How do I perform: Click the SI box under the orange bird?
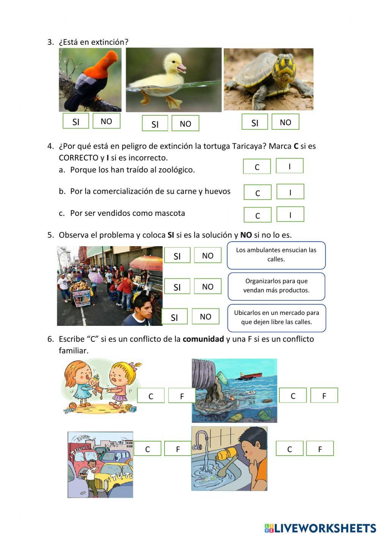(x=76, y=121)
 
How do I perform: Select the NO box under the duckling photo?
(x=185, y=124)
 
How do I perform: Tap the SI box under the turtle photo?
(x=255, y=123)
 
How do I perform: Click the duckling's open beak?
(x=182, y=68)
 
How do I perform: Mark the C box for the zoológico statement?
(x=257, y=167)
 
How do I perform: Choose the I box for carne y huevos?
(x=290, y=192)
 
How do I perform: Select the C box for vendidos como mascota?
(x=257, y=215)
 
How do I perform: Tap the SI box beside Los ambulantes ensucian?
(x=177, y=256)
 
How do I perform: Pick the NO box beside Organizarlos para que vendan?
(x=207, y=286)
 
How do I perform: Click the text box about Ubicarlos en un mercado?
(x=276, y=318)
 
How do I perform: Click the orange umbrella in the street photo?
(x=146, y=262)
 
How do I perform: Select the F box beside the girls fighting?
(x=182, y=396)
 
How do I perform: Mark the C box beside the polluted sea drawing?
(x=293, y=396)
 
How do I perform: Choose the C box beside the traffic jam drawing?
(x=147, y=449)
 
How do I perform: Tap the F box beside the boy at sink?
(x=319, y=449)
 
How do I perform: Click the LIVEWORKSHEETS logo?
(x=320, y=528)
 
